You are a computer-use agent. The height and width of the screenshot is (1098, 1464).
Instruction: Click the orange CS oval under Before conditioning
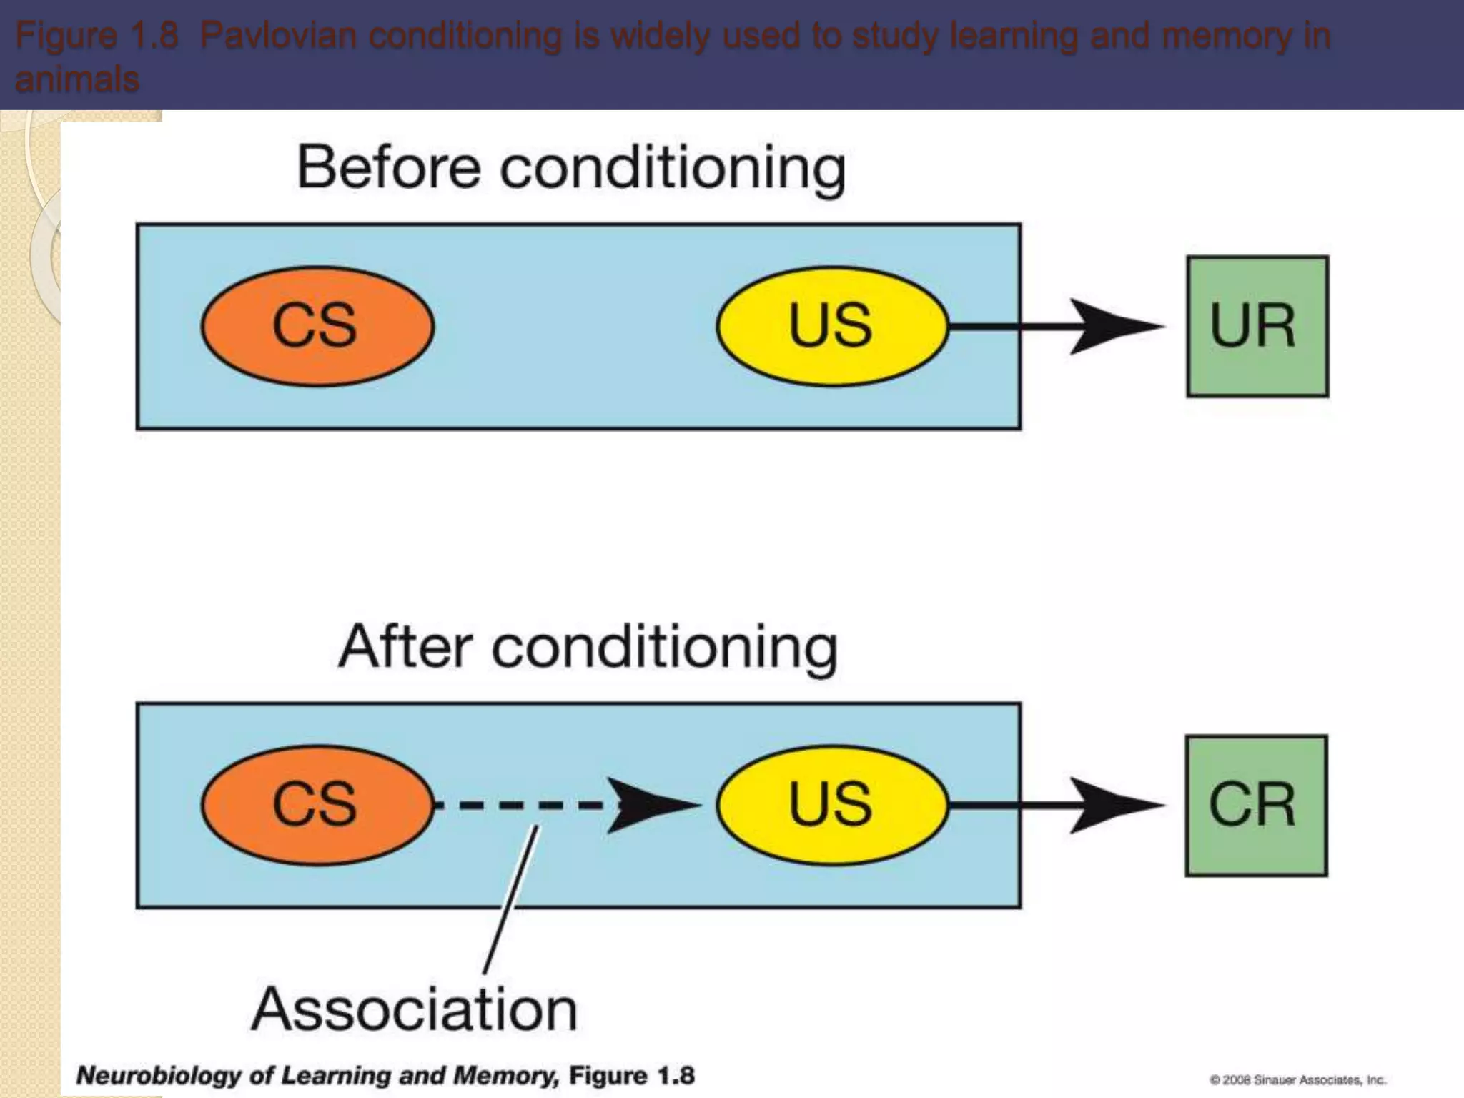317,326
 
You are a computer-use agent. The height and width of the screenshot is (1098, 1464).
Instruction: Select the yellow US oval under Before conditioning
832,326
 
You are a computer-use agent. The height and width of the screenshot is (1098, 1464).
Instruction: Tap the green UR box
1257,326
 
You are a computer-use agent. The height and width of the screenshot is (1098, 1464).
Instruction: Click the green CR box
1256,806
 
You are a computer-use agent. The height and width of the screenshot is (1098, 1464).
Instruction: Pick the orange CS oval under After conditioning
317,806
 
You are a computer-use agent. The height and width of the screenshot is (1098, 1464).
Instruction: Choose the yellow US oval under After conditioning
832,806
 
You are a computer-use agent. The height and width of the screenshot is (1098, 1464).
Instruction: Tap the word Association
415,1009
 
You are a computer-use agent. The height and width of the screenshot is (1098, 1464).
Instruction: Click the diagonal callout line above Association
510,901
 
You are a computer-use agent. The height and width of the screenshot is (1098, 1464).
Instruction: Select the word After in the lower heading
405,647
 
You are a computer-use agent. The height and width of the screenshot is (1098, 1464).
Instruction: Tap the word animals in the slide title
77,79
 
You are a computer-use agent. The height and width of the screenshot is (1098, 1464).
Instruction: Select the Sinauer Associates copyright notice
1297,1079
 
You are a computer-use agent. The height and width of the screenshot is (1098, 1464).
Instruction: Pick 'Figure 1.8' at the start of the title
97,36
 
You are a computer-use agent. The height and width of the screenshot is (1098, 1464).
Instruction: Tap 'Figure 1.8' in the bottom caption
632,1075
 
